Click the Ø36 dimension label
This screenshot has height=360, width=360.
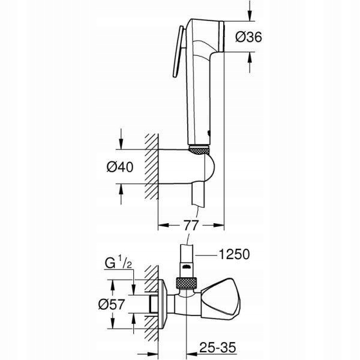point(248,37)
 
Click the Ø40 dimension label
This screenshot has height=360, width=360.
point(120,167)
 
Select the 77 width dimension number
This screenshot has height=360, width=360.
point(191,225)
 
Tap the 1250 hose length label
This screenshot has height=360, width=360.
point(234,254)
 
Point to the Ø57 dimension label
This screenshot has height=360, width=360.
point(112,304)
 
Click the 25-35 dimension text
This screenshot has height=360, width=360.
point(218,347)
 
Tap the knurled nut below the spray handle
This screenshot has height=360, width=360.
point(199,150)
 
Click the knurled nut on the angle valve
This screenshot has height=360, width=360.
point(187,283)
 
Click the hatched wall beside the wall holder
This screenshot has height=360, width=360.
point(152,166)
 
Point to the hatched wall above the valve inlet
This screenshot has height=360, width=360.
point(152,279)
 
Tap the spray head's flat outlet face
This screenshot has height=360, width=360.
point(221,37)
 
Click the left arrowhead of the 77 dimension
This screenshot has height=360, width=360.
point(164,225)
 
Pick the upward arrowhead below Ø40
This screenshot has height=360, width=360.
point(121,189)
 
